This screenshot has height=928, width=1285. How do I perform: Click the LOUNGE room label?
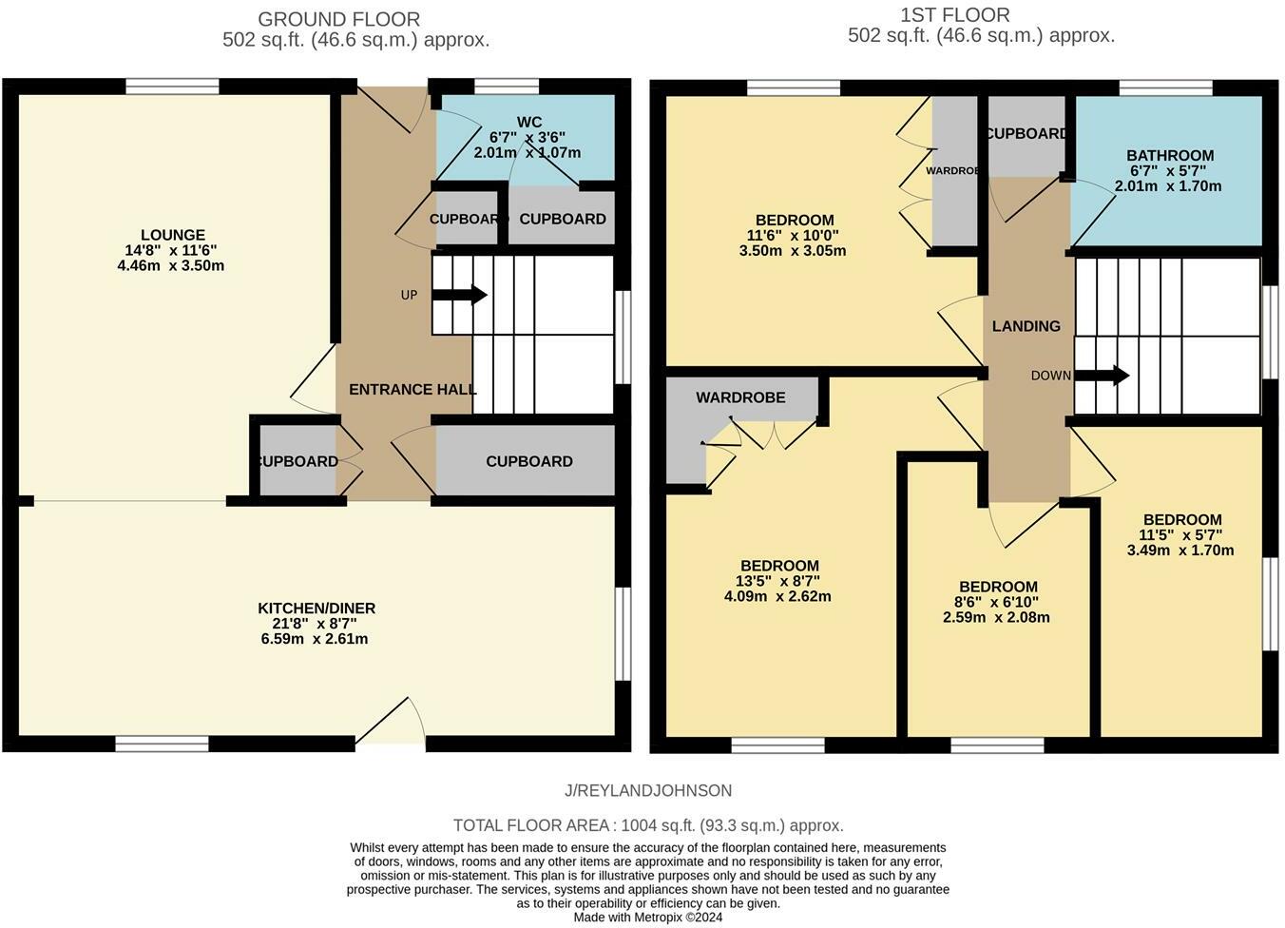(172, 235)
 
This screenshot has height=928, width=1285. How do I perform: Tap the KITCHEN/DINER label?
(316, 609)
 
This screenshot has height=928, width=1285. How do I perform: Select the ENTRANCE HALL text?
(412, 390)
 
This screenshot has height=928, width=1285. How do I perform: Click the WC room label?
(529, 122)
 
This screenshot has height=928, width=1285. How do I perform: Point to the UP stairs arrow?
(460, 296)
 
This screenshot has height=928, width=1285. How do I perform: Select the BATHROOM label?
(1169, 156)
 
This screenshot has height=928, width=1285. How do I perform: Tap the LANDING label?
(1026, 326)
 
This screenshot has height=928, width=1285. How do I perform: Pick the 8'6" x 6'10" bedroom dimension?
(997, 602)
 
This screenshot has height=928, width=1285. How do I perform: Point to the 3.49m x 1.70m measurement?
(1180, 550)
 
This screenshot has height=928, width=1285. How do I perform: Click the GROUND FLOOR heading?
(338, 19)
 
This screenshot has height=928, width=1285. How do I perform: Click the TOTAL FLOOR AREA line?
(647, 825)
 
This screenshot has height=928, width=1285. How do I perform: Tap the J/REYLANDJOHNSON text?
(647, 790)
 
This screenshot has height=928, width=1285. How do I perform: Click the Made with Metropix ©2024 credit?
(647, 918)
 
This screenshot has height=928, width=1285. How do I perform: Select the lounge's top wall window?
(172, 87)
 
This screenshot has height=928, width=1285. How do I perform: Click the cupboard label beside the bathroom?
(1026, 134)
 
